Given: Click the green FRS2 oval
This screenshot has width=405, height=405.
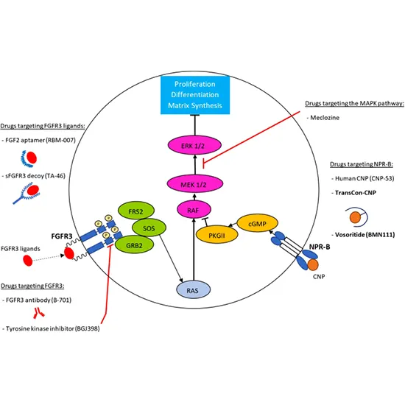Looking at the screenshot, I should (x=135, y=211).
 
